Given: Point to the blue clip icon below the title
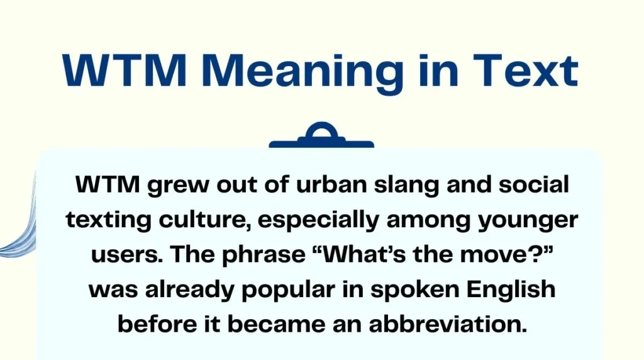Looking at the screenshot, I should [321, 137].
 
